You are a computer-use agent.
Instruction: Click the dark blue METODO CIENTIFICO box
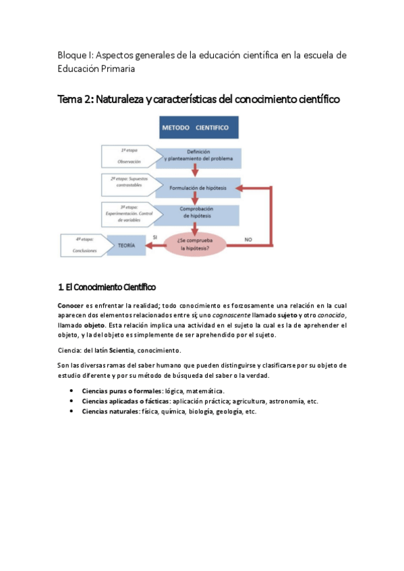click(194, 127)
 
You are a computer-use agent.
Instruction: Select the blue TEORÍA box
click(126, 246)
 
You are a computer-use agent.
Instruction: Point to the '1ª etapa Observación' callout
click(129, 156)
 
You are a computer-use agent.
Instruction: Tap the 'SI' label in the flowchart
click(155, 238)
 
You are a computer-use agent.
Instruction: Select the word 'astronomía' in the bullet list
click(274, 401)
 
